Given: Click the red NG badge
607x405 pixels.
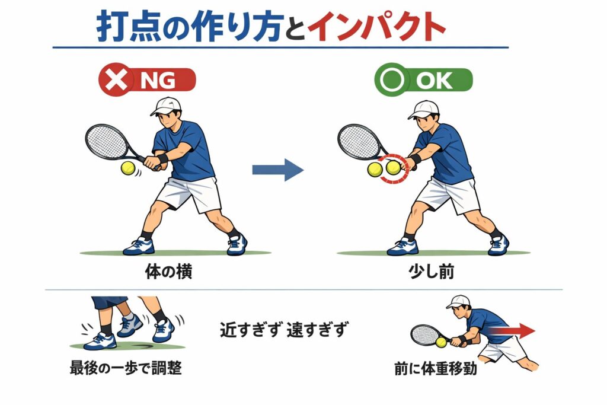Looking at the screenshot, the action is pyautogui.click(x=147, y=80).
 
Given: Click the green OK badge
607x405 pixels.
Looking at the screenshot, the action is pyautogui.click(x=423, y=80).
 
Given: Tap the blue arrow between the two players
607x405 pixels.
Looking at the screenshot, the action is pyautogui.click(x=277, y=170).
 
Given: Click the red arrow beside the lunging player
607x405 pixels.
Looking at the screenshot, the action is pyautogui.click(x=512, y=331).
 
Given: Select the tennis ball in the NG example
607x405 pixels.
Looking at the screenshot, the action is pyautogui.click(x=128, y=168).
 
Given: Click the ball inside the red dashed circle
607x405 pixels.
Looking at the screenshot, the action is pyautogui.click(x=393, y=167).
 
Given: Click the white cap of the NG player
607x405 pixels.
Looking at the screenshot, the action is pyautogui.click(x=166, y=106).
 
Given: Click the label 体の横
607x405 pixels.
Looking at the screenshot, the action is pyautogui.click(x=168, y=272).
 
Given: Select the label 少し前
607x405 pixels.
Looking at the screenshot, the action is pyautogui.click(x=432, y=272).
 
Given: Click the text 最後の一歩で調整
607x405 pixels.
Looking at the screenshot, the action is pyautogui.click(x=126, y=368).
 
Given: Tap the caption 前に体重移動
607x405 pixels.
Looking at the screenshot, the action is pyautogui.click(x=436, y=368).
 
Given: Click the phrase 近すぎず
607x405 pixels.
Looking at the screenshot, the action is pyautogui.click(x=251, y=330).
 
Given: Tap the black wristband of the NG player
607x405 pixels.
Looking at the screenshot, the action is pyautogui.click(x=162, y=158).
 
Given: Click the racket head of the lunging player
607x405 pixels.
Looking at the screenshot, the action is pyautogui.click(x=424, y=335).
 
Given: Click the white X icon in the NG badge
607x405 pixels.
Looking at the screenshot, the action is pyautogui.click(x=116, y=80).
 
